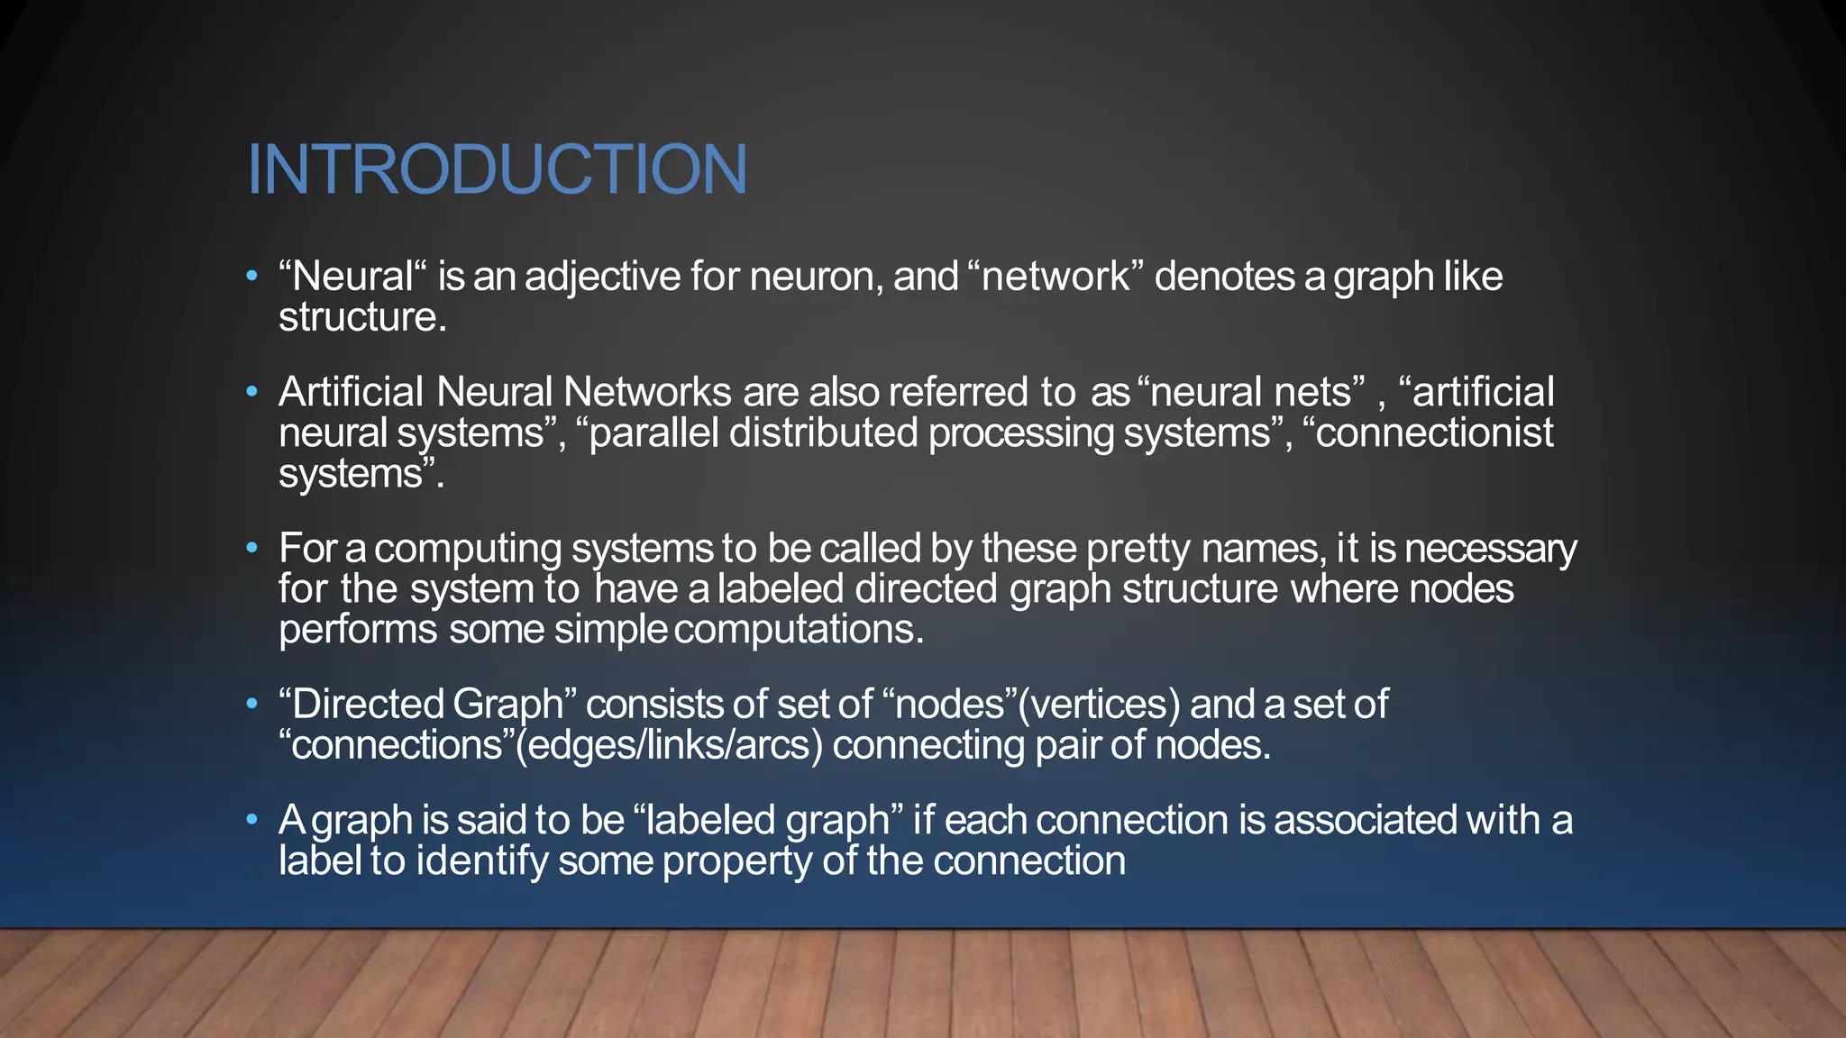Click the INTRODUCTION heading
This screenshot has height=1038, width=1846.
point(497,169)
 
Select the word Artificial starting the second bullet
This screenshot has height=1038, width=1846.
point(351,392)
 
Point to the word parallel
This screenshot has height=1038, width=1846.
point(653,432)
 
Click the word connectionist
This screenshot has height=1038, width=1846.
point(1434,432)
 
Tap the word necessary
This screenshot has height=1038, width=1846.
point(1491,548)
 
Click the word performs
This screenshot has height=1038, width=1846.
point(358,629)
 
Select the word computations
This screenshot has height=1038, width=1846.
point(799,629)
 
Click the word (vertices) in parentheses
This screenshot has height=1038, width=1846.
point(1098,704)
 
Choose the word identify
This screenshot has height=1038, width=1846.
point(481,861)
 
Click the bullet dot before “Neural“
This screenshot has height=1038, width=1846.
point(252,276)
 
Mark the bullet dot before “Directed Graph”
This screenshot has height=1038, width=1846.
point(252,704)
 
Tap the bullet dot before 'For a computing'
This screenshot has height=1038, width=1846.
point(252,548)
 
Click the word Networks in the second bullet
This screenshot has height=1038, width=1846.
point(647,392)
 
